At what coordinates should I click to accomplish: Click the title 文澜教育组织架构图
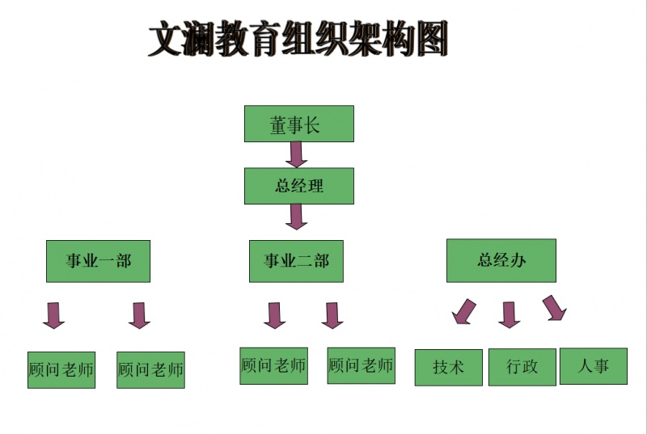point(298,40)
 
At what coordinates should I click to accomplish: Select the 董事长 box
point(298,124)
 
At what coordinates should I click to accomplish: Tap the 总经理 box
point(298,186)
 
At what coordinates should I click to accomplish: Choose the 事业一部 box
point(99,260)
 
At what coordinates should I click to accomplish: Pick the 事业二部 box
point(297,261)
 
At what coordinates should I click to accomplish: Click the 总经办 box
point(501,260)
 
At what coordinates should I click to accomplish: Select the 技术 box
point(448,367)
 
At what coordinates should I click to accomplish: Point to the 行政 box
point(522,367)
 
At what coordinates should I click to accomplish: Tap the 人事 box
point(593,366)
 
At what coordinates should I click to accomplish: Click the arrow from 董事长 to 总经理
point(297,154)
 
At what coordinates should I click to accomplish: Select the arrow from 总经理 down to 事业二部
point(297,216)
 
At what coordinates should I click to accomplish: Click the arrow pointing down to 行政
point(509,314)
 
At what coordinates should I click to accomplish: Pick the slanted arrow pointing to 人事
point(554,308)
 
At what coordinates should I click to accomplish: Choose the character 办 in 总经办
point(518,260)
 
